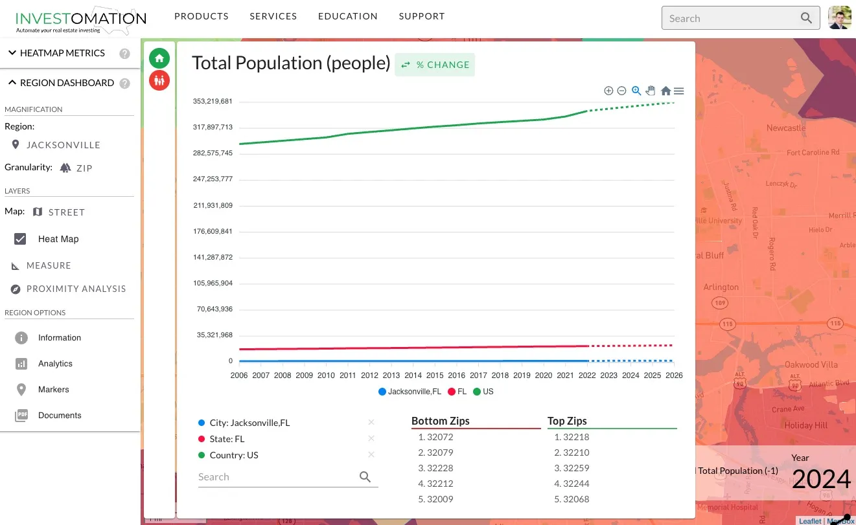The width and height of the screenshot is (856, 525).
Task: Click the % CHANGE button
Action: coord(435,65)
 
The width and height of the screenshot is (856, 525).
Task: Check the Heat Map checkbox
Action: coord(21,239)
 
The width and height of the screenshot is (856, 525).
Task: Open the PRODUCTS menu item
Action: coord(202,16)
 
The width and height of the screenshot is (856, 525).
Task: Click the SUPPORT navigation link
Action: coord(422,16)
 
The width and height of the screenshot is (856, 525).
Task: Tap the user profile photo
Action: coord(840,18)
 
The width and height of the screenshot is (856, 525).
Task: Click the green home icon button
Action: coord(159,58)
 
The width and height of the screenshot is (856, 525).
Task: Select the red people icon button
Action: coord(159,80)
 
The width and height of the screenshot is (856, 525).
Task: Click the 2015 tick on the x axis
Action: coord(435,375)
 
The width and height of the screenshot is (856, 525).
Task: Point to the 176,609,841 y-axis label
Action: coord(213,232)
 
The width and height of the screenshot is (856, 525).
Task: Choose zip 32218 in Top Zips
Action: coord(575,437)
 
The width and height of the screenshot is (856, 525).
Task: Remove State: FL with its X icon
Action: coord(371,438)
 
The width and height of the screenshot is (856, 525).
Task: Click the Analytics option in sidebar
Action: coord(55,364)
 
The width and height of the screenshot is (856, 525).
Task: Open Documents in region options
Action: coord(60,416)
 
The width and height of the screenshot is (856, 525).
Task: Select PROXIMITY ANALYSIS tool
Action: coord(76,289)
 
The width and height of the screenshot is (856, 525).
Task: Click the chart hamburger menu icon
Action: coord(678,91)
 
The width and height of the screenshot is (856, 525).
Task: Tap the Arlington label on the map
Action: coord(721,287)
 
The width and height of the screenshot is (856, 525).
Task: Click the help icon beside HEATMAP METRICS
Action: coord(125,54)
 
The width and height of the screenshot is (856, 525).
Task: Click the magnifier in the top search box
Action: coord(806,18)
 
